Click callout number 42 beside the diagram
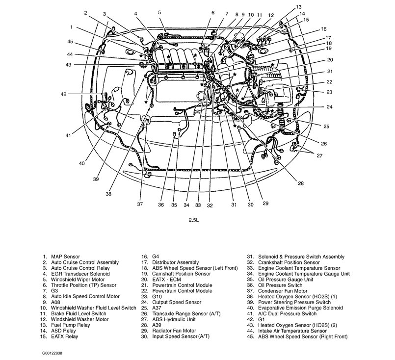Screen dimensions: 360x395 63,94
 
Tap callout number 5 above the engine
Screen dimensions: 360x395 160,12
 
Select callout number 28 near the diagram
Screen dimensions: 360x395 300,183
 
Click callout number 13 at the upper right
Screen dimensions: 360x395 299,7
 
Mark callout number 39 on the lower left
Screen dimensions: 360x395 96,180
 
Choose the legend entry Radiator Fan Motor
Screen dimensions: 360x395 174,331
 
